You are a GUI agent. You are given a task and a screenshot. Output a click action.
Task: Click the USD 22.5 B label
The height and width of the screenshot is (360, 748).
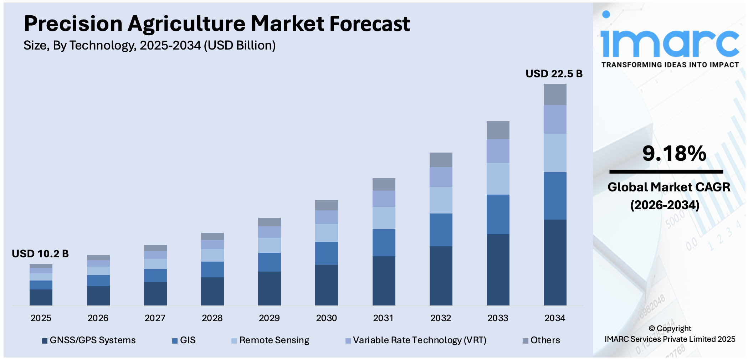tap(554, 74)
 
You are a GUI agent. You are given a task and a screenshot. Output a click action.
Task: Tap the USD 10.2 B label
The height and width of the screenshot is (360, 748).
tap(40, 254)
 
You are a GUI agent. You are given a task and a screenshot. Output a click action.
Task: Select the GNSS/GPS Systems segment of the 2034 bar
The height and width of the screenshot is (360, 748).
tap(555, 262)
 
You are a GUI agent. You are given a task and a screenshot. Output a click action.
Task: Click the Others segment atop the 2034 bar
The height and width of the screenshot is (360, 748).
tap(555, 94)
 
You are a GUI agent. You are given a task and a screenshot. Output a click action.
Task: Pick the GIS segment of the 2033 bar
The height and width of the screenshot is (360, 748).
tap(498, 214)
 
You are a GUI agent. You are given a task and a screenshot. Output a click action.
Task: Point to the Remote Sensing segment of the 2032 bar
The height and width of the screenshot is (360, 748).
tap(441, 200)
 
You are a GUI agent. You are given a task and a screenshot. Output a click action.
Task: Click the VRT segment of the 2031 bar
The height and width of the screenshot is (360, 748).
tap(384, 199)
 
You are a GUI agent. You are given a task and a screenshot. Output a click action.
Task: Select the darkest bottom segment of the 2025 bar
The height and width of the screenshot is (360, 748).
tap(41, 297)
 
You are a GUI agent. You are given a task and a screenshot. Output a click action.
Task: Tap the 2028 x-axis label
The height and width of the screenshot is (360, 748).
tap(212, 318)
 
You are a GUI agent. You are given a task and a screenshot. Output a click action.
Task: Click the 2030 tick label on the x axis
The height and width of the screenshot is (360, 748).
tap(326, 318)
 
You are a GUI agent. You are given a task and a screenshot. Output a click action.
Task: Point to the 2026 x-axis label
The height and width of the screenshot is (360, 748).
tap(98, 318)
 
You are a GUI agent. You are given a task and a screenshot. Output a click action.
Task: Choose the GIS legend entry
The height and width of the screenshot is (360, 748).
tap(184, 340)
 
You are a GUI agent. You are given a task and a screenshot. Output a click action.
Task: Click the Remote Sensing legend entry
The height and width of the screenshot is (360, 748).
tap(270, 340)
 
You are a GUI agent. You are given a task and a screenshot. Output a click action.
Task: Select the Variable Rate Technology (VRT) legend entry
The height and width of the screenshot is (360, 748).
tap(416, 340)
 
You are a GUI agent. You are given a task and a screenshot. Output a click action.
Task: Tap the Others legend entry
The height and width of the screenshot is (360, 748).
tap(541, 340)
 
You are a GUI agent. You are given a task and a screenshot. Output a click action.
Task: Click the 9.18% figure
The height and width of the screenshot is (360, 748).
tap(674, 154)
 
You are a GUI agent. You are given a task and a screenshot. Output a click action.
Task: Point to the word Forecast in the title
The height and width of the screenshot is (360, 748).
tap(369, 24)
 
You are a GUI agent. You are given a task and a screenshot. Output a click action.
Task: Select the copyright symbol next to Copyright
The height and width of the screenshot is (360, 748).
tap(652, 329)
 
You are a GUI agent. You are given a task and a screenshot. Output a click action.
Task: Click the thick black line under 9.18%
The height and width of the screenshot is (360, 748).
tap(666, 172)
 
